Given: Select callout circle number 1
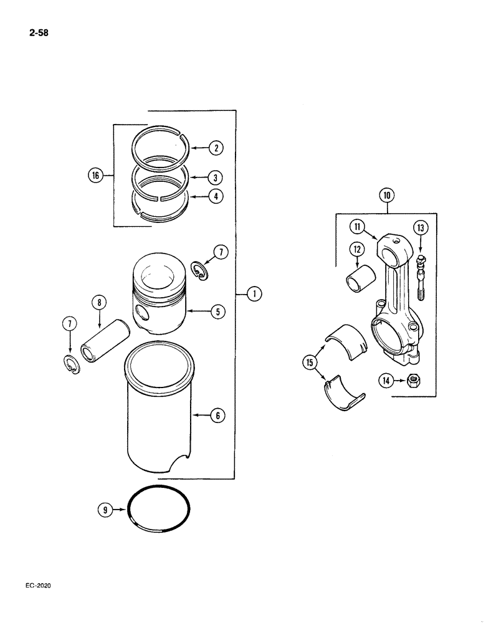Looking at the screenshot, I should [x=254, y=293].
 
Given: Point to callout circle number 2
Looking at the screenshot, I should [x=215, y=148].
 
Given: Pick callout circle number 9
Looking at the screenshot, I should [x=105, y=510].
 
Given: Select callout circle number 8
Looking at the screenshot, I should [x=98, y=303].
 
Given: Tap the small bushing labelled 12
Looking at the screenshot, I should [x=357, y=277].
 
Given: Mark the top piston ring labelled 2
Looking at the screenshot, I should [x=161, y=150].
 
